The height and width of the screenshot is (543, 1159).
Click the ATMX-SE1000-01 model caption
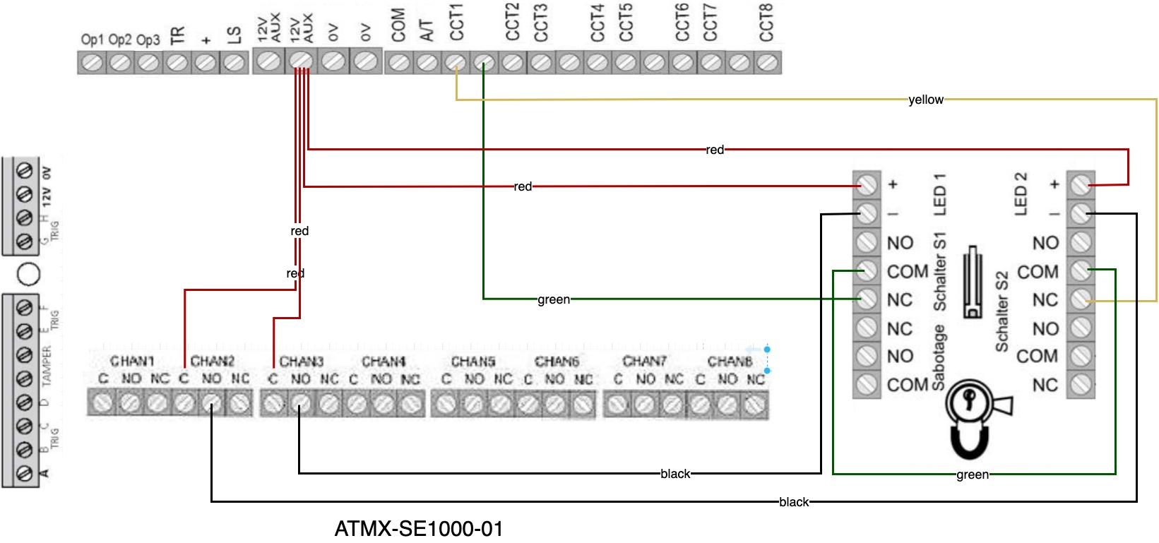[x=419, y=528]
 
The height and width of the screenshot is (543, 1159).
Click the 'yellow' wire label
[x=925, y=100]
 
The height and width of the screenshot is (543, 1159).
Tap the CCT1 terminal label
[x=456, y=22]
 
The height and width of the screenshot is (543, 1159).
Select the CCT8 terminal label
[x=766, y=22]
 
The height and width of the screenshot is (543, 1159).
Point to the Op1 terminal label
[x=92, y=40]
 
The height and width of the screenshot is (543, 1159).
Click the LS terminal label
[x=234, y=35]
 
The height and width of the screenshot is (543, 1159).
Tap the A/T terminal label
[x=427, y=30]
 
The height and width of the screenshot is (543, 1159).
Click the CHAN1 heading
[x=132, y=361]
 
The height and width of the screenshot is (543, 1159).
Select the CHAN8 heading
[x=730, y=362]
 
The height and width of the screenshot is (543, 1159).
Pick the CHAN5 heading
[x=472, y=362]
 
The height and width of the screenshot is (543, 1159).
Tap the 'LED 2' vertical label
[x=1021, y=194]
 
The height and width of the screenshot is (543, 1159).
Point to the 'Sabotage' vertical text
[x=939, y=357]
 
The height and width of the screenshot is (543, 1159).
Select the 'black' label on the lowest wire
[x=793, y=502]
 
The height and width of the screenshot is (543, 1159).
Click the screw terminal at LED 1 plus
[x=867, y=185]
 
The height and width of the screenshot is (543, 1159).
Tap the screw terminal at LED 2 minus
[x=1080, y=213]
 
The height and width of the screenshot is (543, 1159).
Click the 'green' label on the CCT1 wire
[x=554, y=299]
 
